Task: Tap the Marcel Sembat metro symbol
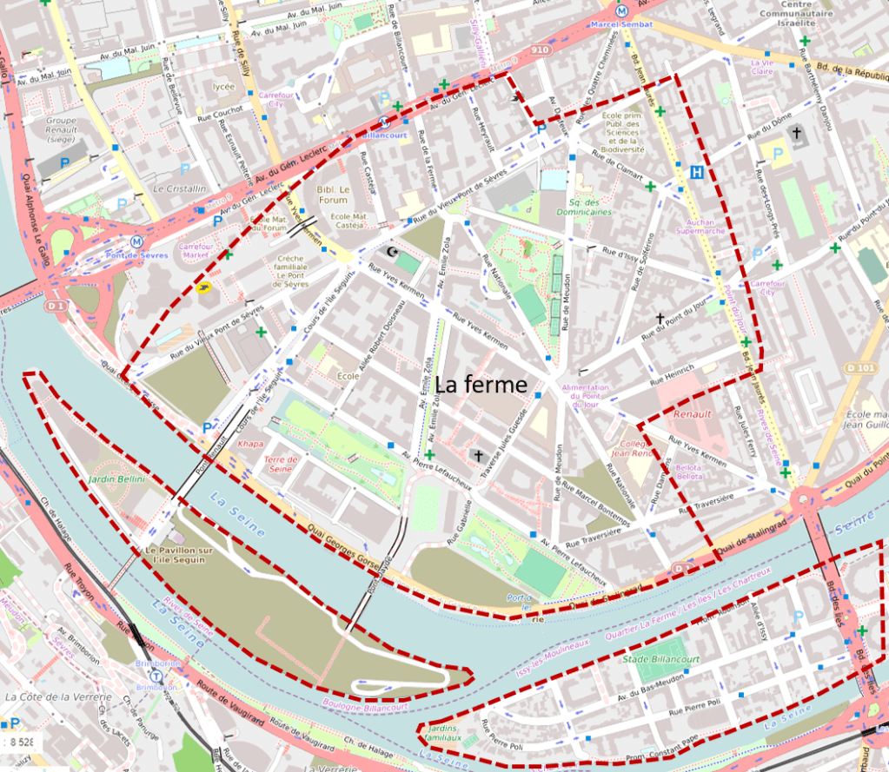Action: (620, 10)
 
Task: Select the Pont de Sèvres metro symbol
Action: (136, 241)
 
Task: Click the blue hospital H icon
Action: (696, 173)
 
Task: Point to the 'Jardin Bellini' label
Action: (116, 478)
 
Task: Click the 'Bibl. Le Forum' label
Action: (333, 194)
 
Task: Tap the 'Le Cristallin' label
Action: (180, 188)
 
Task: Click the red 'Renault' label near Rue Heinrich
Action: (693, 414)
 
